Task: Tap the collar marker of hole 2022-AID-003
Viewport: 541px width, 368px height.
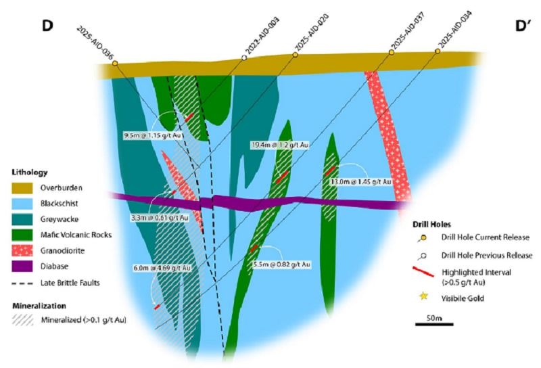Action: pos(244,58)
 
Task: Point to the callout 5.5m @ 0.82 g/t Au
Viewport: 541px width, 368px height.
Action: pos(281,263)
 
